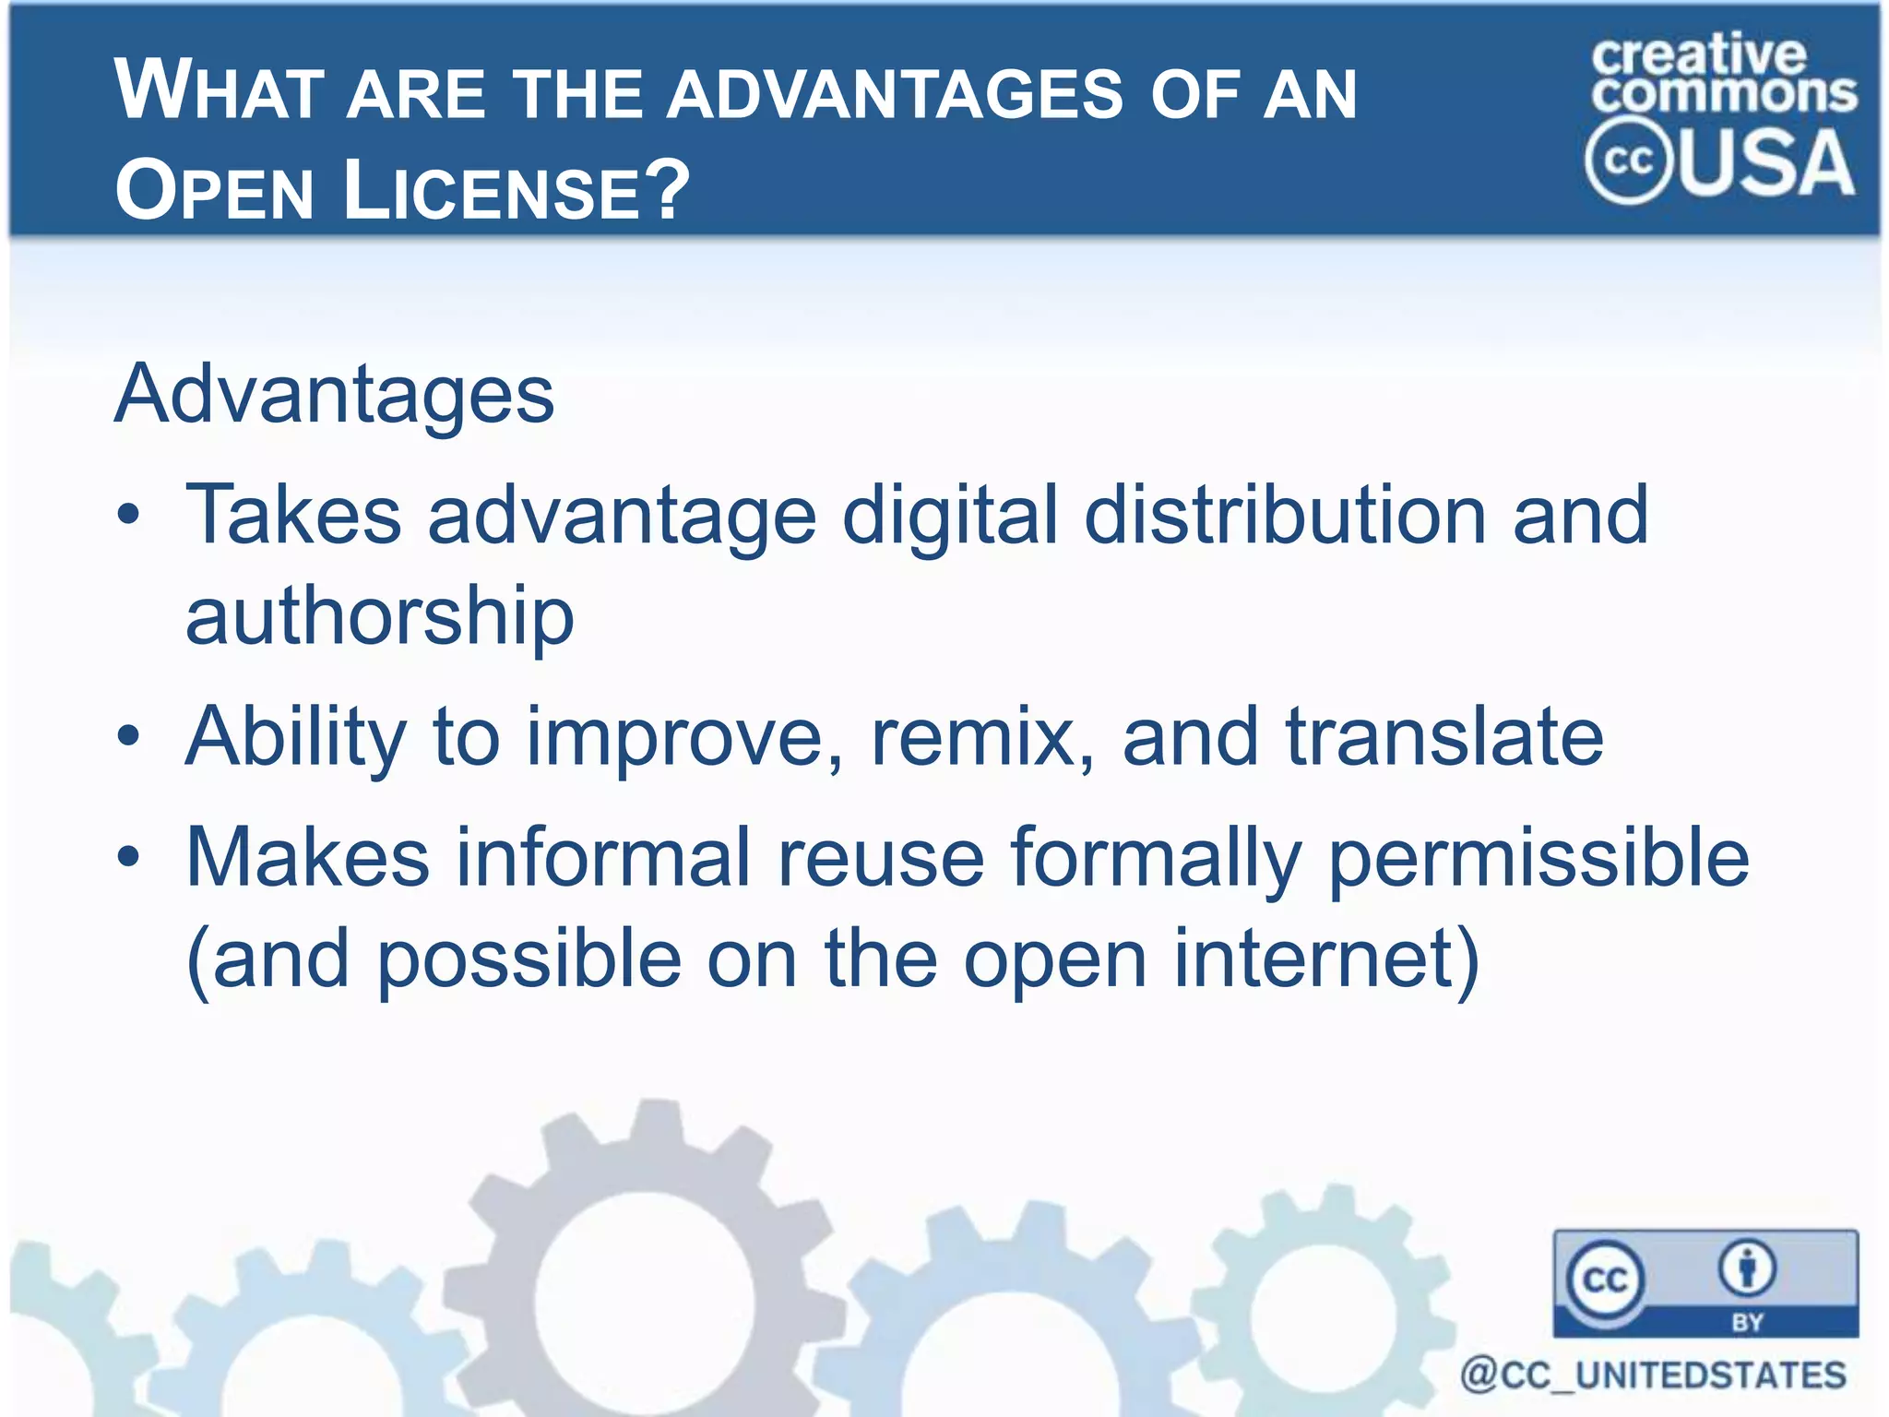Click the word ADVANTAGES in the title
895,95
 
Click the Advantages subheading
334,395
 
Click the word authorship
379,615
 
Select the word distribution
1285,516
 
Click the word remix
981,736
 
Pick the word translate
1444,736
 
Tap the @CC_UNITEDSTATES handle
1652,1375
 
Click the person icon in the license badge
1746,1268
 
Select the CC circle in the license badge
1605,1279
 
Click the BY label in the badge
1747,1322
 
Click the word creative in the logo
1698,55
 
